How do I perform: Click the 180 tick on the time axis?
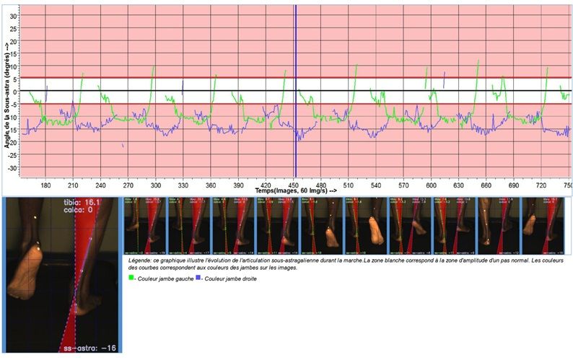pyautogui.click(x=46, y=185)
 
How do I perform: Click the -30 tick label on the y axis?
pyautogui.click(x=12, y=167)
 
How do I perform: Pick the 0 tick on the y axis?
pyautogui.click(x=14, y=92)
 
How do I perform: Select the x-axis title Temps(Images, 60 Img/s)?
pyautogui.click(x=295, y=191)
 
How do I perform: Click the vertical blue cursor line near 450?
pyautogui.click(x=295, y=87)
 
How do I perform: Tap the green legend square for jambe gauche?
pyautogui.click(x=131, y=278)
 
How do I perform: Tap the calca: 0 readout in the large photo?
pyautogui.click(x=83, y=212)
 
